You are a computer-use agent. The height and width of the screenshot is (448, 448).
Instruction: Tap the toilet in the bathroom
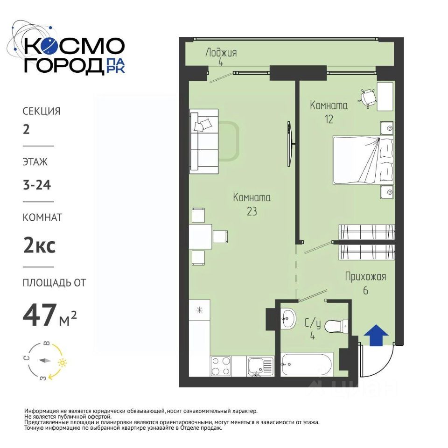click(336, 326)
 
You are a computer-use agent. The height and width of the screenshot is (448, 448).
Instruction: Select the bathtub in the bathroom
click(307, 364)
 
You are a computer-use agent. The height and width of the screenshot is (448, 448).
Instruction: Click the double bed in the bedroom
click(364, 160)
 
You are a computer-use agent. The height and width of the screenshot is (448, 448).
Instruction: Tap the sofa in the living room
click(204, 141)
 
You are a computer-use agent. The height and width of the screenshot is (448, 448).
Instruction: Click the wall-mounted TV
click(289, 144)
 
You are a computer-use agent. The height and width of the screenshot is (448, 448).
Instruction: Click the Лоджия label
click(221, 53)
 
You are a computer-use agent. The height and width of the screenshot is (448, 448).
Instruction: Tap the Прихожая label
click(365, 277)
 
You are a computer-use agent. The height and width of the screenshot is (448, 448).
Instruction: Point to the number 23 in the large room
click(252, 211)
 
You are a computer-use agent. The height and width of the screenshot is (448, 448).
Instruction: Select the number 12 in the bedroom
click(329, 119)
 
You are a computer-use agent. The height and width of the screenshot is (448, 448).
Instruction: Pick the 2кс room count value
click(39, 246)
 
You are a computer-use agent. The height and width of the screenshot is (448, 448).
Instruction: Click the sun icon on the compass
click(62, 363)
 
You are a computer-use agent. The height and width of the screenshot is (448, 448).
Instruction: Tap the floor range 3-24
click(37, 185)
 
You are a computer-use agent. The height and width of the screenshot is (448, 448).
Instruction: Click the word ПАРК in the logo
click(115, 66)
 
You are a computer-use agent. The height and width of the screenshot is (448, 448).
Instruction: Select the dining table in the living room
click(200, 237)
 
